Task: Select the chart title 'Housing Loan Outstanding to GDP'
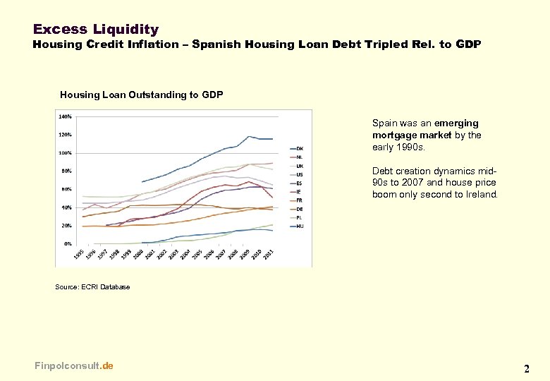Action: (141, 95)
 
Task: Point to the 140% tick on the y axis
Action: (65, 116)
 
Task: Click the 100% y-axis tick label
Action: (65, 153)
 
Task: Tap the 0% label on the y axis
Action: (67, 244)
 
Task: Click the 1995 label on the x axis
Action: (78, 254)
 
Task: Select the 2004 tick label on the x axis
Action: (185, 254)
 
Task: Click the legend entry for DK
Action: (299, 148)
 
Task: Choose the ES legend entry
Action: (299, 183)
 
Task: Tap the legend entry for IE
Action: (299, 191)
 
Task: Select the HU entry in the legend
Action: (299, 226)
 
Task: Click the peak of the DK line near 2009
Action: (249, 136)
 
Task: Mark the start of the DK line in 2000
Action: (142, 182)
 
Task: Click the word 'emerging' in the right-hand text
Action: (457, 123)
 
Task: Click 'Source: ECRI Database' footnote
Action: (92, 287)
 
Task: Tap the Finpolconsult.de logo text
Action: (73, 365)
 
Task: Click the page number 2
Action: (526, 368)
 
